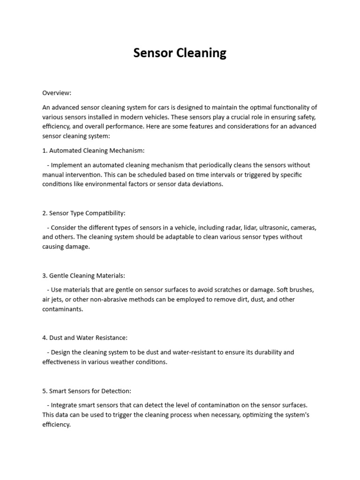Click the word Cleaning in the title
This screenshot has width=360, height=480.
(x=201, y=53)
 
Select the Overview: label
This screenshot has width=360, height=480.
(x=57, y=93)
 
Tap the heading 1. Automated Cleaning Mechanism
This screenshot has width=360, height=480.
(x=94, y=150)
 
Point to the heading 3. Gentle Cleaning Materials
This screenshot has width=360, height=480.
(x=83, y=276)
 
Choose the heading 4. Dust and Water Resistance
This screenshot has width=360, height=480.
(x=85, y=337)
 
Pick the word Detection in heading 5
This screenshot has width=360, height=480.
(x=117, y=390)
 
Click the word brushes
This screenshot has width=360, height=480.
(x=301, y=290)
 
